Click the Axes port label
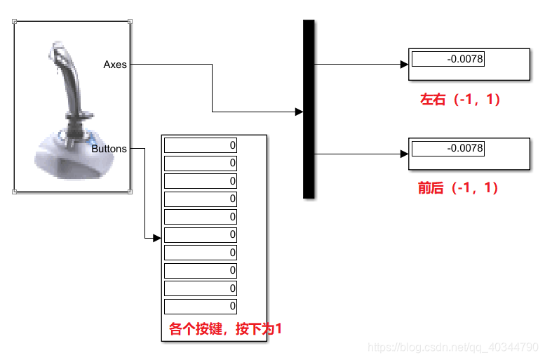pos(115,65)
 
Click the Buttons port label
pos(109,149)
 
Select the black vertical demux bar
pos(309,109)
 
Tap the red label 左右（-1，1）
pos(460,100)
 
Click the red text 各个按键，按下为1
pos(225,328)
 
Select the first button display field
pos(201,145)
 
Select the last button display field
pos(201,307)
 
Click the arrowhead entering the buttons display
pos(157,238)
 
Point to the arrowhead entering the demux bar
pos(299,112)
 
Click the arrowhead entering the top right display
pos(404,65)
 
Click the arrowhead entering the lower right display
pos(404,154)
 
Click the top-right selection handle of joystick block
pos(130,22)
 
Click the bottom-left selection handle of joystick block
pos(15,191)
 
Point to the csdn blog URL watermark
pos(453,347)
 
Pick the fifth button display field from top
pos(201,217)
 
